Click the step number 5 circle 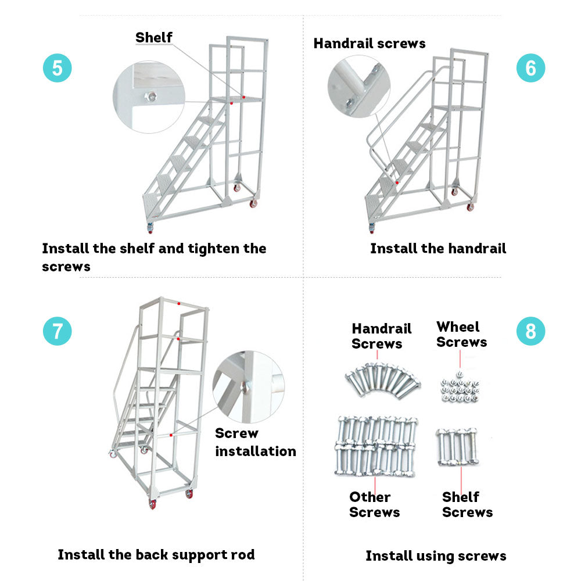pos(57,68)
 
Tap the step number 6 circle pos(530,68)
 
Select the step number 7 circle pos(57,331)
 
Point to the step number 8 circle pos(530,331)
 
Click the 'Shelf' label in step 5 pos(154,38)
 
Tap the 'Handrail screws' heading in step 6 pos(370,44)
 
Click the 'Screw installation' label pos(255,442)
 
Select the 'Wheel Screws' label pos(461,335)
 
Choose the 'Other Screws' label pos(374,504)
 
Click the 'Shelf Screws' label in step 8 pos(467,504)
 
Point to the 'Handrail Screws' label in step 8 pos(381,336)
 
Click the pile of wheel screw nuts pos(460,390)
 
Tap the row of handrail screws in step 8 pos(382,378)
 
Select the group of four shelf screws pos(457,447)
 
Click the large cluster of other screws pos(376,445)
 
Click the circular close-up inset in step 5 pos(149,97)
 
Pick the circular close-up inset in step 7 pos(249,387)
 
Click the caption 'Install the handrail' pos(438,249)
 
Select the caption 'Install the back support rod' pos(156,555)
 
